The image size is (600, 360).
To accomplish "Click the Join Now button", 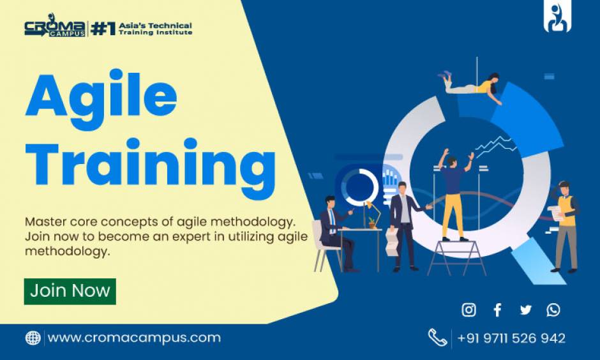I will click(70, 291).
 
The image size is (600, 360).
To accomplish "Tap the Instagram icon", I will click(469, 310).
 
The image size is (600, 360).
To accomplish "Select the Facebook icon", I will click(497, 310).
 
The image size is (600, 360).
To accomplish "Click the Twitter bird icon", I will click(525, 310).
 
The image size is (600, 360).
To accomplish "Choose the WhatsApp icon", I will click(553, 310).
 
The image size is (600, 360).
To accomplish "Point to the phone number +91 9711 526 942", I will click(511, 338).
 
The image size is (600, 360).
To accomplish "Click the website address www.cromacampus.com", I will click(134, 338).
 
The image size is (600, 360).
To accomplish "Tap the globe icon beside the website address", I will click(33, 338).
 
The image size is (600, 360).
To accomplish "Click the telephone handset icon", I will click(437, 338).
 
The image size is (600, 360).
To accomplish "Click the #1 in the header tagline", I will click(103, 29).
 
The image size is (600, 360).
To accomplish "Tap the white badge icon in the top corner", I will click(557, 17).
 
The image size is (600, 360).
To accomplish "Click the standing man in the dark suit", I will click(404, 223).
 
